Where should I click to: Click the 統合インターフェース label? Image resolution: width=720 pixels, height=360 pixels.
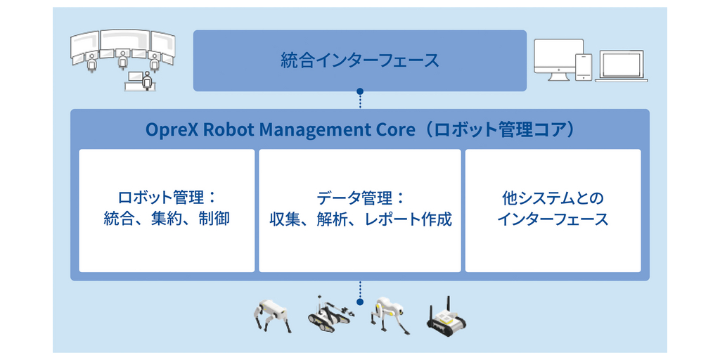click(359, 60)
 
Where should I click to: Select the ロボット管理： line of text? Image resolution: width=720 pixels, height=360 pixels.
click(167, 198)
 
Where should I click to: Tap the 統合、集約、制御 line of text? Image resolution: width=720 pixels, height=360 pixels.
click(167, 219)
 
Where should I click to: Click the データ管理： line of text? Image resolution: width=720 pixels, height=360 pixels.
click(360, 198)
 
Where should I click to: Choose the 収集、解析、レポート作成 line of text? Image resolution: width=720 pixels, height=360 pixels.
click(360, 219)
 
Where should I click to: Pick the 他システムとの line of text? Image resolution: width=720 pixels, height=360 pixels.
click(553, 198)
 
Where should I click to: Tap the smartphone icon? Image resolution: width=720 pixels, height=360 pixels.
click(584, 67)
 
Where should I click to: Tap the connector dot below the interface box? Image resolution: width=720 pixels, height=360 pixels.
click(360, 91)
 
